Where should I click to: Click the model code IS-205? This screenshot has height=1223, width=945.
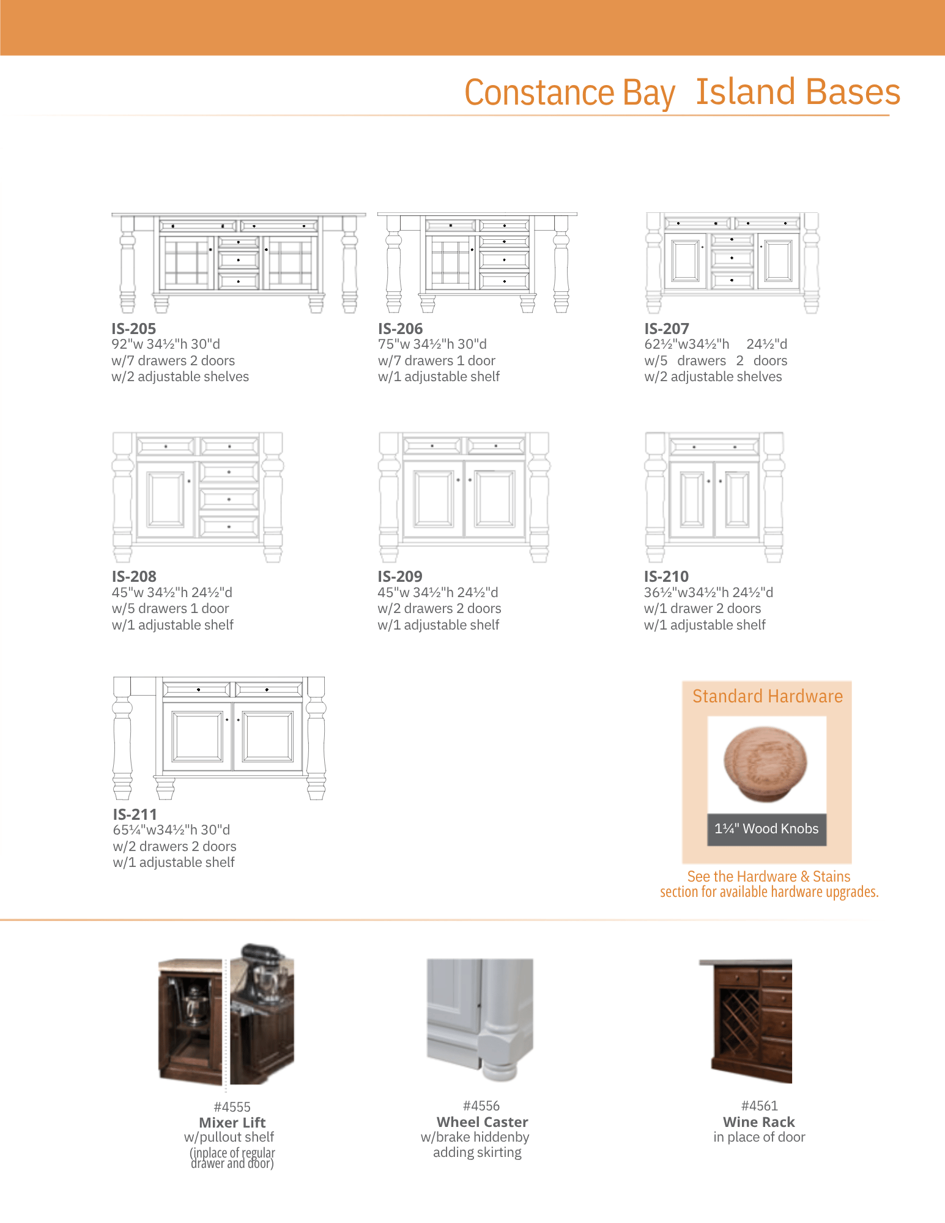coord(133,329)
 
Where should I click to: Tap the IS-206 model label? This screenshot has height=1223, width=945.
coord(400,329)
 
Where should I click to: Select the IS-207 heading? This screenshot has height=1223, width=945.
coord(667,329)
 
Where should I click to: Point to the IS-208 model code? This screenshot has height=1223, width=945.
coord(134,576)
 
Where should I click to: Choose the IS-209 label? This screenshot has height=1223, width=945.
coord(400,576)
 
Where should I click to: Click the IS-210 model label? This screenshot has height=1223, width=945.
coord(666,576)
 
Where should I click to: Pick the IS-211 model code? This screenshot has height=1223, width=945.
coord(135,814)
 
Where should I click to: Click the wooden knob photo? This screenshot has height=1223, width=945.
coord(766,764)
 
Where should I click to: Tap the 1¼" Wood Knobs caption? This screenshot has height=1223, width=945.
coord(766,829)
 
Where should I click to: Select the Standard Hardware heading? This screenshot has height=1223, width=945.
coord(768,696)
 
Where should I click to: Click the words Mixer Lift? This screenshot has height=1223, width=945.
coord(232,1123)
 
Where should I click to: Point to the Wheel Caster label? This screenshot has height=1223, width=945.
coord(483,1122)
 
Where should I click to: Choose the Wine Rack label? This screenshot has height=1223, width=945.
coord(759,1122)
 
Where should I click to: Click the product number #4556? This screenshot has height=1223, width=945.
coord(481,1106)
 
